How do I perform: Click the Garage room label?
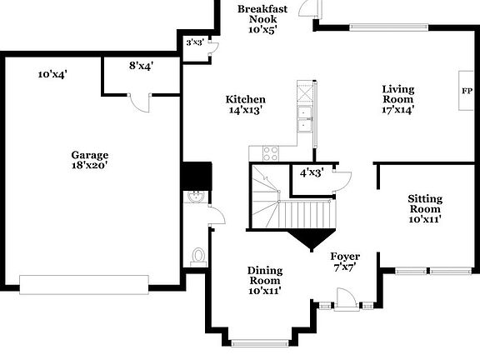89,155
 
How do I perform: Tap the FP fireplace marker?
467,91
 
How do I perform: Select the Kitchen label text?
246,99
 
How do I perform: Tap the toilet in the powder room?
198,255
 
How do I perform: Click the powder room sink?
194,197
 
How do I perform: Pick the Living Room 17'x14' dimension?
397,108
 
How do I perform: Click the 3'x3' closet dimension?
195,42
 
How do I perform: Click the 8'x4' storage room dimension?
141,64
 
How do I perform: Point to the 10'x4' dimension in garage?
52,74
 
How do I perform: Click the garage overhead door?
89,284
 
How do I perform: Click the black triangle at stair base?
311,239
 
